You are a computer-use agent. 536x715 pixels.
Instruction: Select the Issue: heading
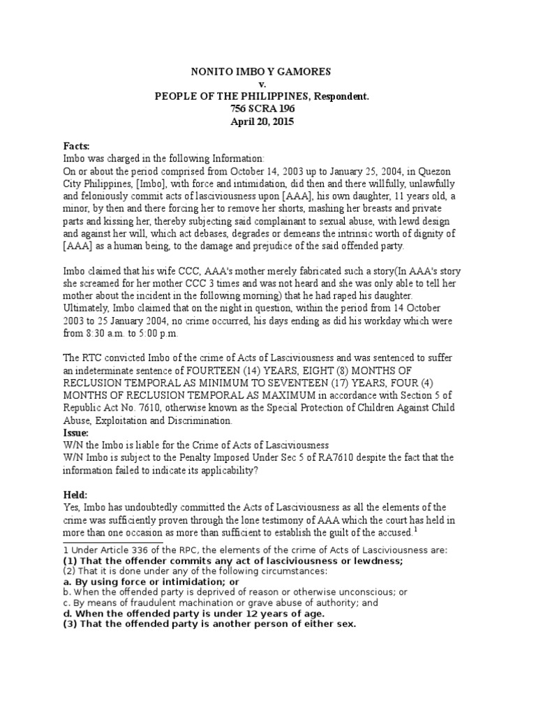pos(77,433)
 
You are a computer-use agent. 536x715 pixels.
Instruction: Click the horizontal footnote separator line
pos(113,542)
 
